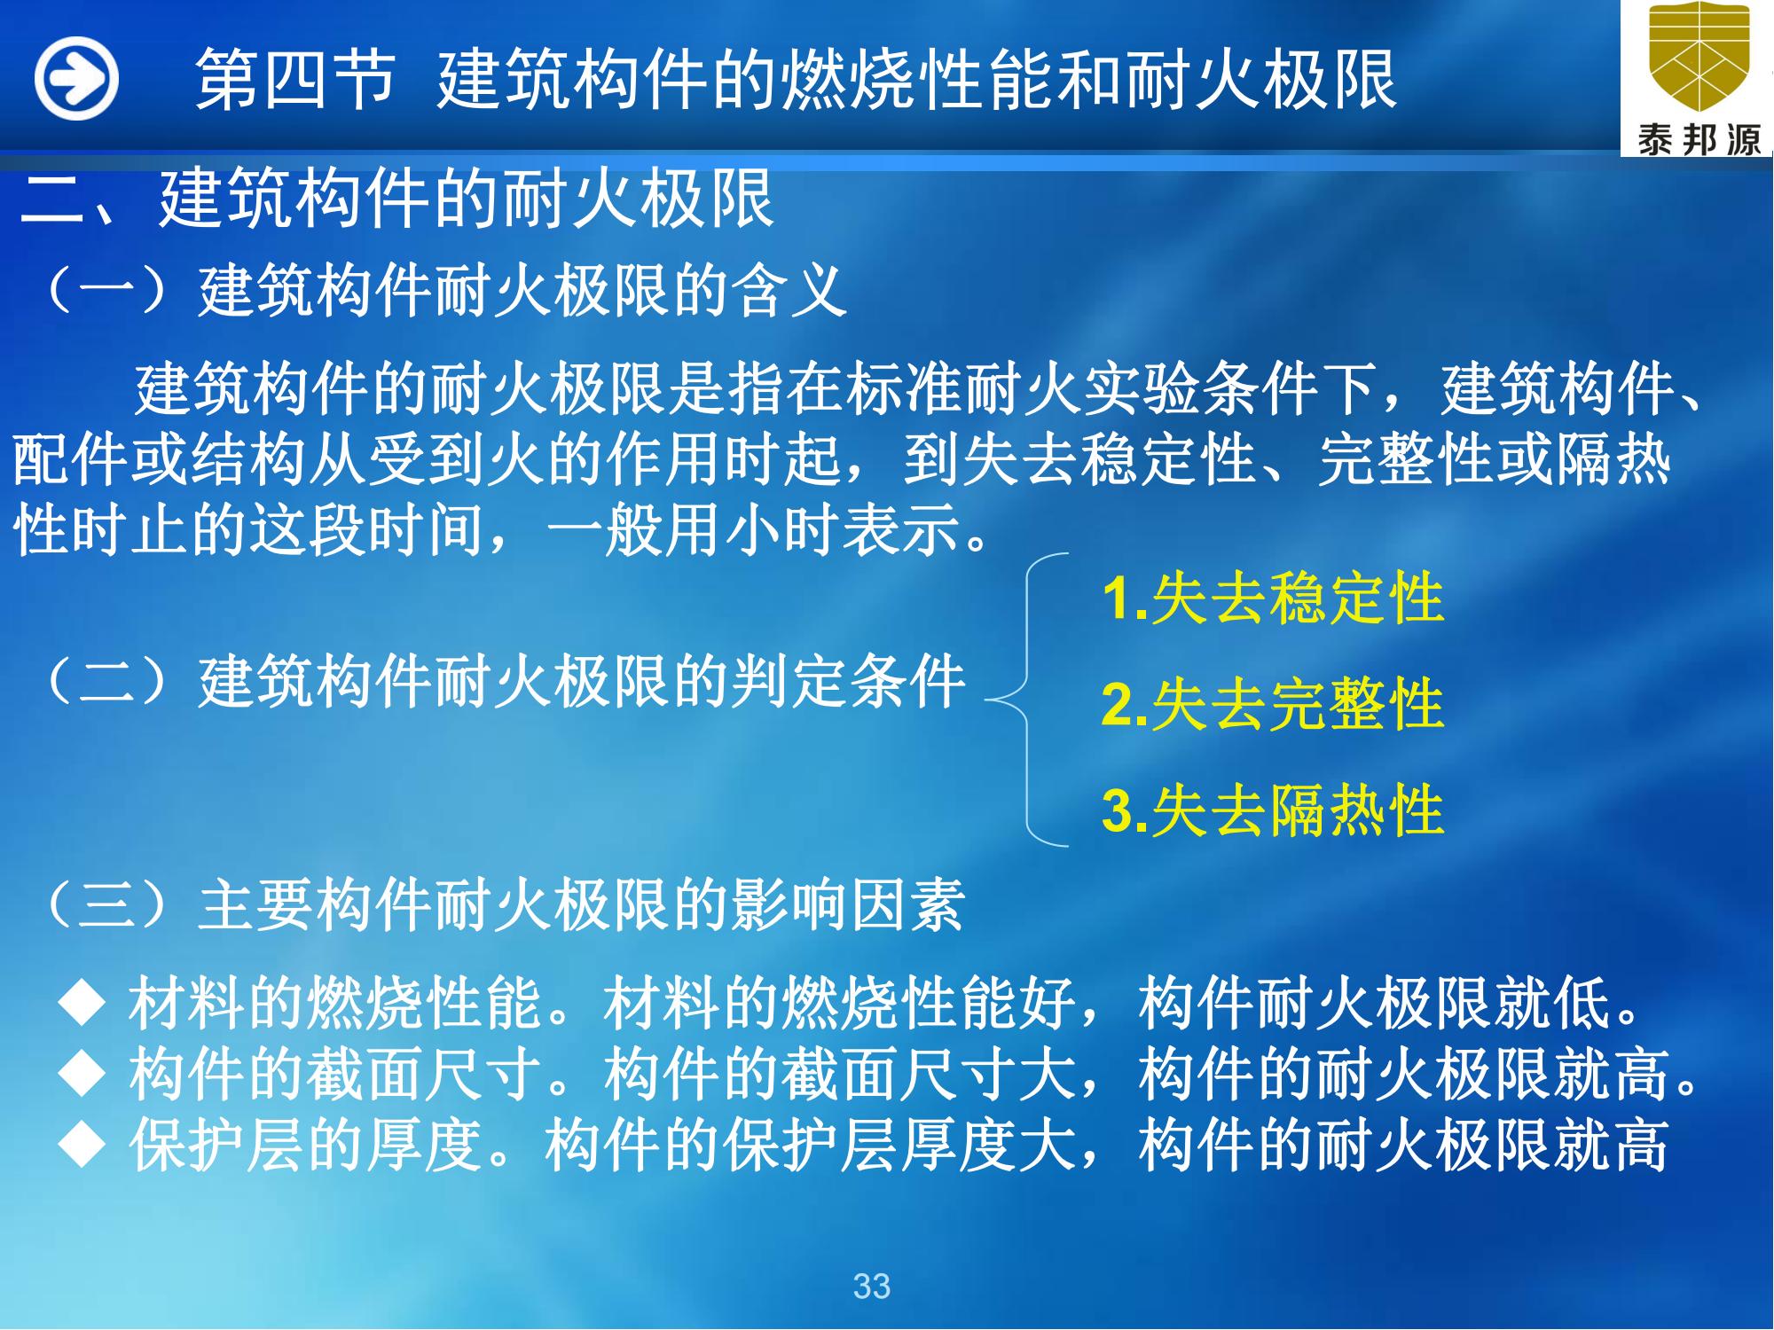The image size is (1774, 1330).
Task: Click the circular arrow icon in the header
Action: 77,79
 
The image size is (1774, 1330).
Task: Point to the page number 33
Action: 871,1286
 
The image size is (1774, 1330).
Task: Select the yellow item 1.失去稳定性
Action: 1273,599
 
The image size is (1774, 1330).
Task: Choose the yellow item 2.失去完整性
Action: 1273,705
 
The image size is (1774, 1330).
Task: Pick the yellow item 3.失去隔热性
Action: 1273,810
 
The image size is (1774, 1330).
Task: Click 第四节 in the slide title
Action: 294,80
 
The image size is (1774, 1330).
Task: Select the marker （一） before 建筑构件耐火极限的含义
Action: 106,291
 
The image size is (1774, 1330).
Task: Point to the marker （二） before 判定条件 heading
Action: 106,683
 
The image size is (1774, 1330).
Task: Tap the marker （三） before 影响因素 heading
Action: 106,906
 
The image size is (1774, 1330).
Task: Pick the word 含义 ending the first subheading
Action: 790,291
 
